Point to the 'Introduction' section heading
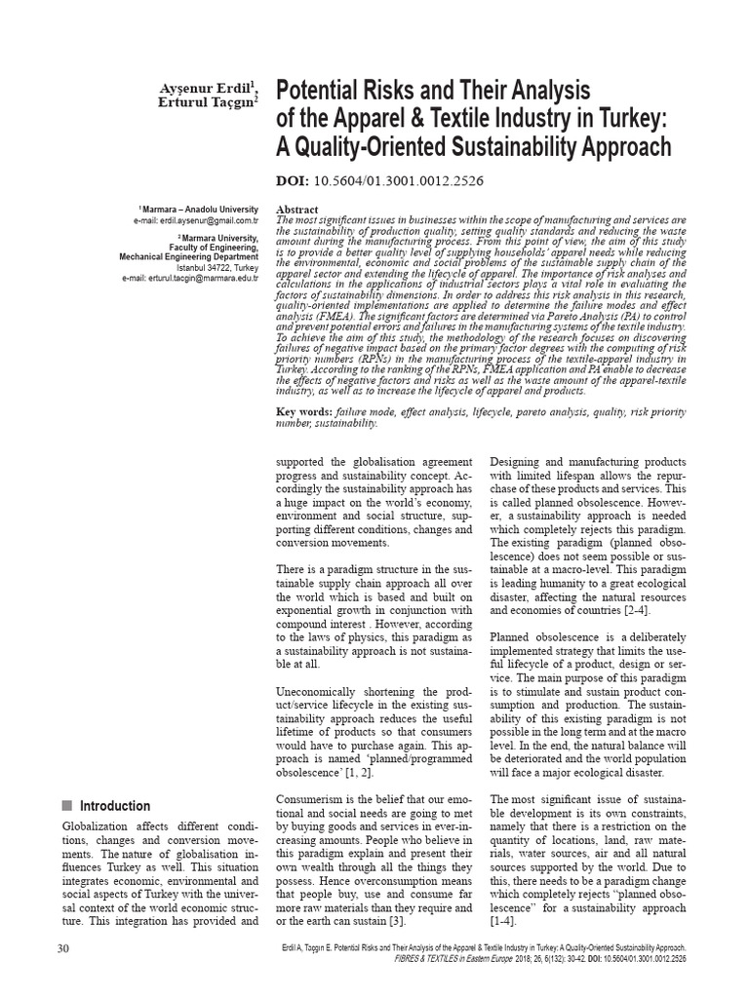tap(115, 806)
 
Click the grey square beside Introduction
tap(67, 806)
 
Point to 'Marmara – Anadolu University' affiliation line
tap(202, 210)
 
